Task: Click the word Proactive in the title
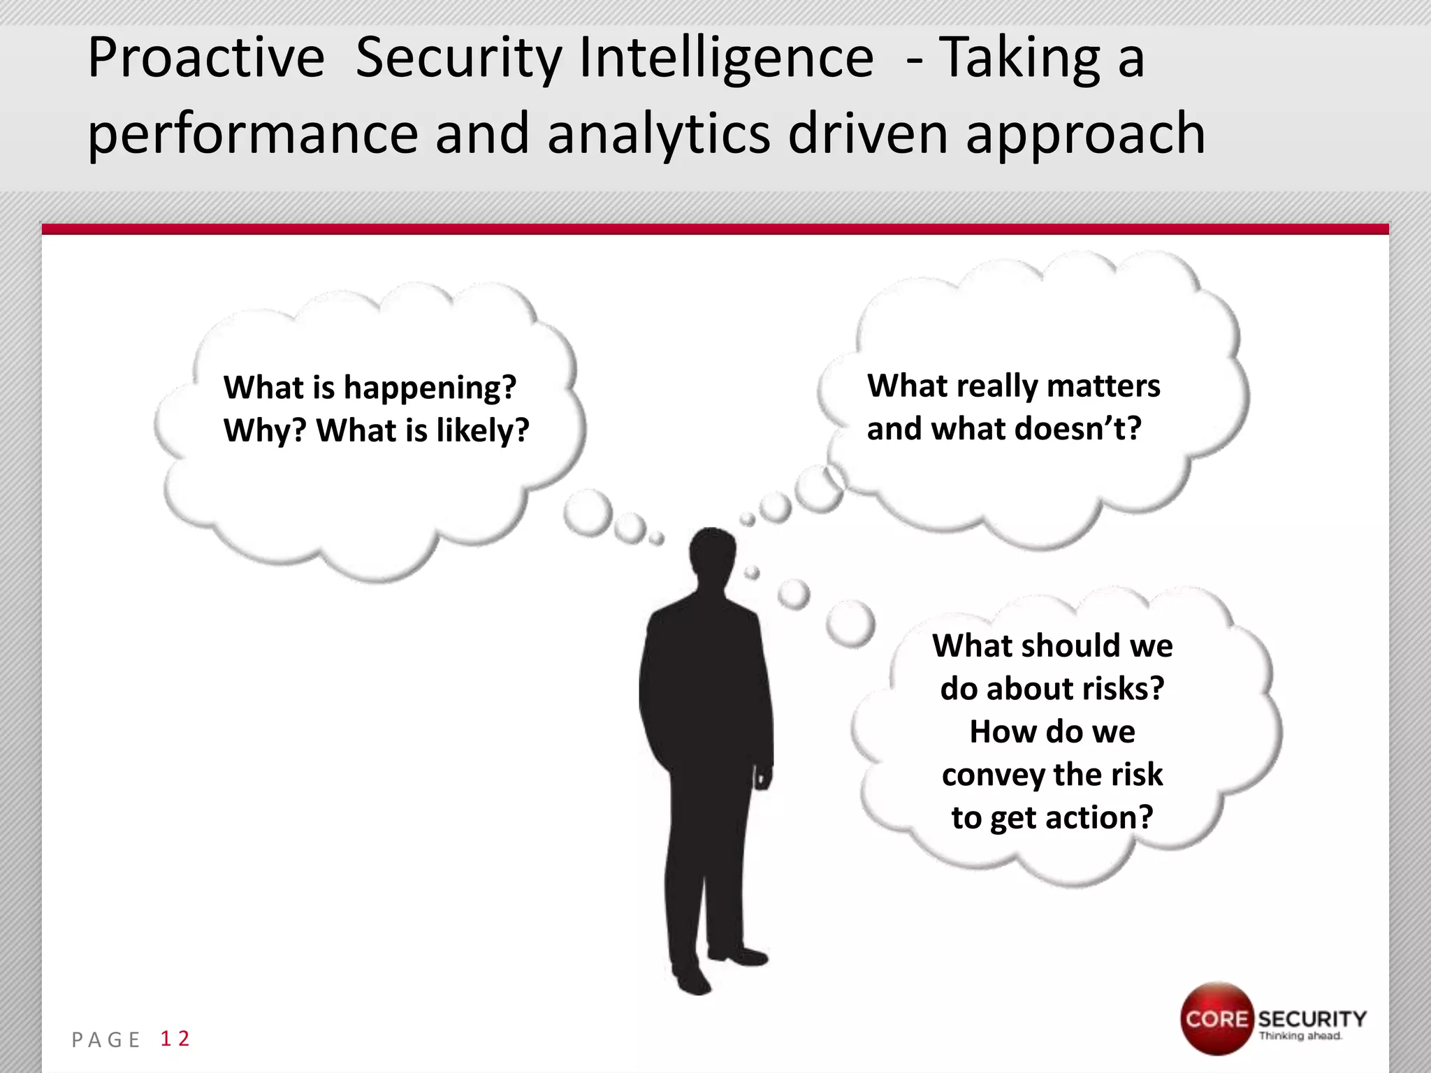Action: (x=206, y=59)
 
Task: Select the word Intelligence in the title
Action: (x=726, y=59)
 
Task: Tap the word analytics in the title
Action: (x=659, y=134)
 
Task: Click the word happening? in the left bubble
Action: (x=430, y=388)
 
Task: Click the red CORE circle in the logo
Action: (x=1216, y=1018)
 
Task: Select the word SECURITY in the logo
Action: (x=1312, y=1019)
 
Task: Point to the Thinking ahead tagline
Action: (x=1300, y=1036)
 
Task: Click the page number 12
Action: (x=175, y=1039)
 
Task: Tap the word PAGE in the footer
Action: (x=106, y=1040)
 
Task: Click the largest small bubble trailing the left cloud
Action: (x=588, y=513)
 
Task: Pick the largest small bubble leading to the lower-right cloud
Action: (x=850, y=623)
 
